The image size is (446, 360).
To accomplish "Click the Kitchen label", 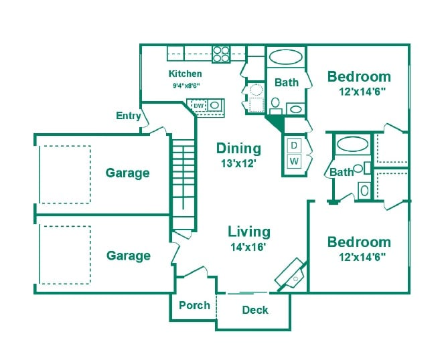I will [x=185, y=74].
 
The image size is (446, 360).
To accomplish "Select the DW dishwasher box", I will [x=198, y=105].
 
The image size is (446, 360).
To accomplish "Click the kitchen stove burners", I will [x=222, y=54].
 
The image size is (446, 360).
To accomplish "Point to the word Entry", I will [x=129, y=116].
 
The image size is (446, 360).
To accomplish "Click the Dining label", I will [x=238, y=149].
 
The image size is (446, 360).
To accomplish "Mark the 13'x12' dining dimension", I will [x=238, y=162].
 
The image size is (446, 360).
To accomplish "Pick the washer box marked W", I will [x=294, y=161].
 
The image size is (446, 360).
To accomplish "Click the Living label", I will [x=249, y=232].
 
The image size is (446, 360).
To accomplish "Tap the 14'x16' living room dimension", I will [x=248, y=247].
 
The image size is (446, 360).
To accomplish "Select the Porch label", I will [x=194, y=305].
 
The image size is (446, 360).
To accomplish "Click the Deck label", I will [x=255, y=310].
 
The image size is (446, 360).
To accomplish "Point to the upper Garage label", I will [x=128, y=173].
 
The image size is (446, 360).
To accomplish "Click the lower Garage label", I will [x=129, y=256].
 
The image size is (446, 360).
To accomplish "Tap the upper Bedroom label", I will [x=359, y=76].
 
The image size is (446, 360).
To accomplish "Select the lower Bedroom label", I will [x=358, y=242].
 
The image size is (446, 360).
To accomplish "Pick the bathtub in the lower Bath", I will [x=352, y=144].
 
